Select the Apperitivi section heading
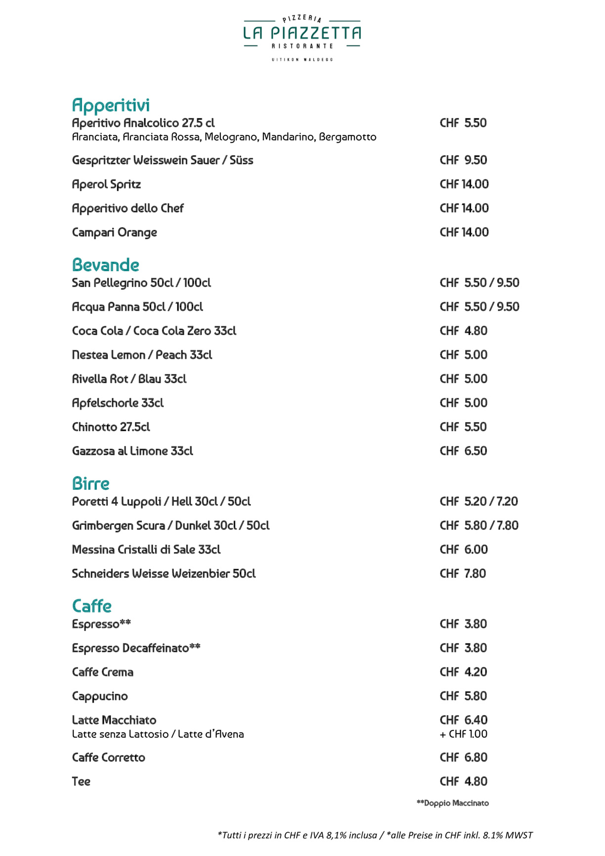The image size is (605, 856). pyautogui.click(x=111, y=105)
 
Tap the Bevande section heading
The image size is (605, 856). pyautogui.click(x=106, y=265)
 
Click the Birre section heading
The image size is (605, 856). pyautogui.click(x=90, y=483)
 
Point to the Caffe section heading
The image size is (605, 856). pyautogui.click(x=92, y=606)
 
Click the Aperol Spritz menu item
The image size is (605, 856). pyautogui.click(x=106, y=184)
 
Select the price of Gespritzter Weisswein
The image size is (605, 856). pyautogui.click(x=463, y=160)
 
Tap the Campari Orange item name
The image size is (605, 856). pyautogui.click(x=115, y=232)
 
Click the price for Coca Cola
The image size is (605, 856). pyautogui.click(x=463, y=331)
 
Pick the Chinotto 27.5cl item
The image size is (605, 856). pyautogui.click(x=111, y=427)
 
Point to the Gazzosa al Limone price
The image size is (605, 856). pyautogui.click(x=463, y=451)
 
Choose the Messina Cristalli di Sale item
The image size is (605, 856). pyautogui.click(x=146, y=550)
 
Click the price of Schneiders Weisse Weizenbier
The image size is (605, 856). pyautogui.click(x=463, y=573)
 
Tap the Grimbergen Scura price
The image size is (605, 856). pyautogui.click(x=479, y=525)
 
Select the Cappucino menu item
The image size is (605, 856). pyautogui.click(x=100, y=696)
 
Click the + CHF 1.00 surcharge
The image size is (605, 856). pyautogui.click(x=463, y=734)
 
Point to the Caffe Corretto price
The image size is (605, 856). pyautogui.click(x=463, y=757)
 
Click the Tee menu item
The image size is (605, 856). pyautogui.click(x=81, y=781)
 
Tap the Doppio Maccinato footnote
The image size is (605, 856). pyautogui.click(x=453, y=803)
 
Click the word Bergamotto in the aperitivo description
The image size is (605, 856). pyautogui.click(x=347, y=137)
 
